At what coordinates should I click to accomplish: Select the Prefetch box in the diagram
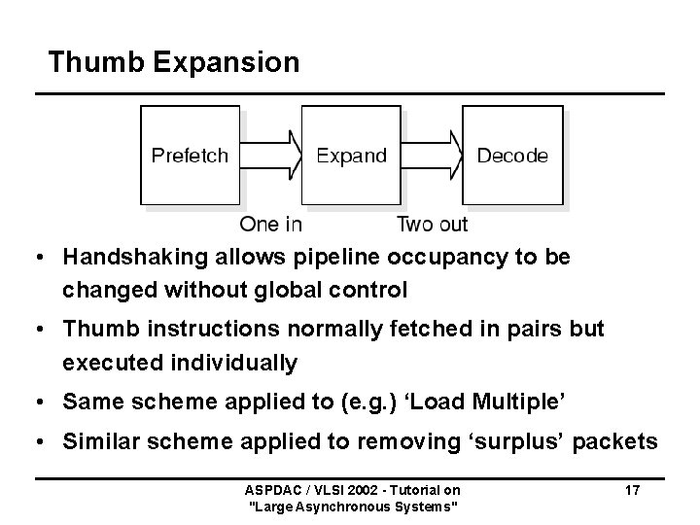(191, 156)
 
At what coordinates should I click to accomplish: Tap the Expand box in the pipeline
(351, 156)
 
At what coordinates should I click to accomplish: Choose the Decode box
(512, 156)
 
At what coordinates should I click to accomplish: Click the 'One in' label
(270, 225)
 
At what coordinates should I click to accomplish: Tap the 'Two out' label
(432, 225)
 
